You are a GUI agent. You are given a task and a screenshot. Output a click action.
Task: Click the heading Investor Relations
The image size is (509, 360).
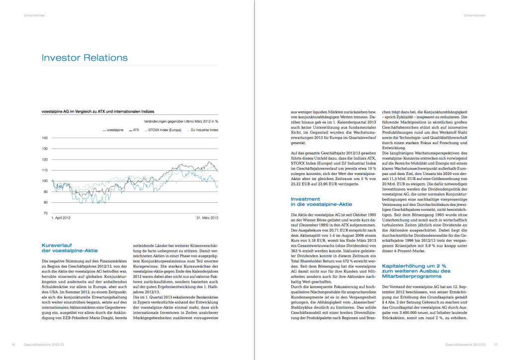pyautogui.click(x=85, y=58)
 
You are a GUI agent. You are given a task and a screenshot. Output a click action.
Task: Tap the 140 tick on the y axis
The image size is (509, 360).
pyautogui.click(x=45, y=138)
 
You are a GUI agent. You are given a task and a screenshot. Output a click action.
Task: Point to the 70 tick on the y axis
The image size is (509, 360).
pyautogui.click(x=45, y=213)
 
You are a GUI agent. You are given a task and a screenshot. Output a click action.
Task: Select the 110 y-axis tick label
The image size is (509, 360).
pyautogui.click(x=45, y=170)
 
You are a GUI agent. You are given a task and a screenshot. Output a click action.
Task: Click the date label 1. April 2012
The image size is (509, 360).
pyautogui.click(x=61, y=218)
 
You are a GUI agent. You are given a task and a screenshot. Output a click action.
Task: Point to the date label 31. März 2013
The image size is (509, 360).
pyautogui.click(x=207, y=218)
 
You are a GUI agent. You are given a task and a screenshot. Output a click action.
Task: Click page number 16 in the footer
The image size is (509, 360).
pyautogui.click(x=13, y=344)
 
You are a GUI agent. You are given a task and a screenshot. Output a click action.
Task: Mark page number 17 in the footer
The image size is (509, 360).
pyautogui.click(x=495, y=344)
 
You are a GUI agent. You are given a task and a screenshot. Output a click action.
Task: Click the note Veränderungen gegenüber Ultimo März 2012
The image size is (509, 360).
pyautogui.click(x=181, y=121)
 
